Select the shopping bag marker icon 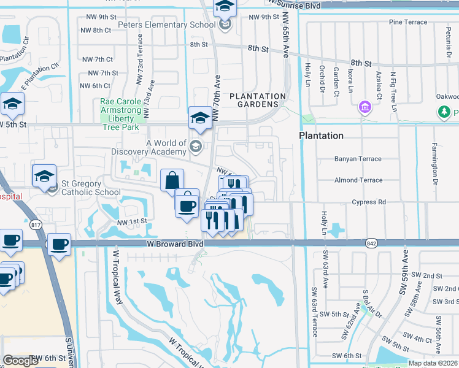(x=172, y=181)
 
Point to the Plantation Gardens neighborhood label (x=258, y=101)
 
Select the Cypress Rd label (x=369, y=202)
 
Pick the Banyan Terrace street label (x=358, y=159)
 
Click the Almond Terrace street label (x=358, y=180)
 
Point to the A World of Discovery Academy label (x=148, y=147)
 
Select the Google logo (x=20, y=360)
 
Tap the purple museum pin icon (x=365, y=109)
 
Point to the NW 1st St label (x=133, y=221)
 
